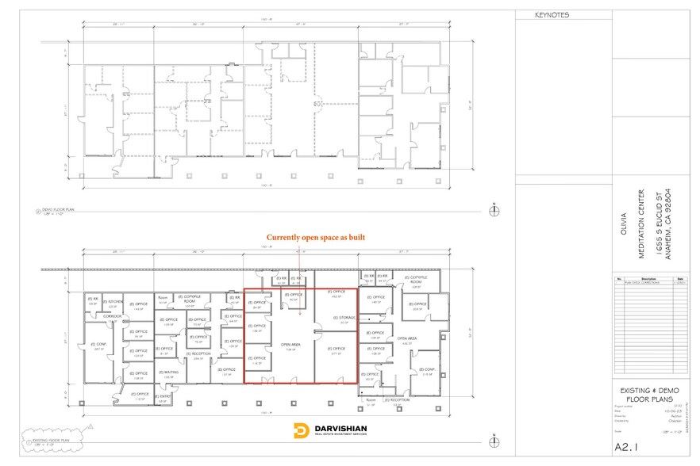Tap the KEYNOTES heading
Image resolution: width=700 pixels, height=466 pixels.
pyautogui.click(x=552, y=15)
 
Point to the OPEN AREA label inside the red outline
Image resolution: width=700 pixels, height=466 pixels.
pyautogui.click(x=290, y=345)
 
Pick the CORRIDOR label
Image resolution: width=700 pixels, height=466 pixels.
pyautogui.click(x=112, y=315)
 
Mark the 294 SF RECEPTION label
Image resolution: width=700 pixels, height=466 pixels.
pyautogui.click(x=198, y=354)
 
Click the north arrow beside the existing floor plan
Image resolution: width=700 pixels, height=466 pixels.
pyautogui.click(x=494, y=437)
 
